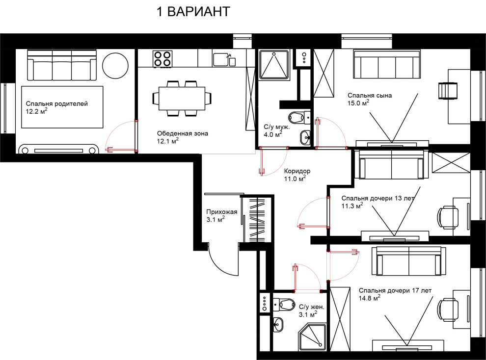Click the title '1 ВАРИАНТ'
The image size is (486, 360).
click(193, 12)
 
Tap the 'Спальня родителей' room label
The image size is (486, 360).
click(57, 103)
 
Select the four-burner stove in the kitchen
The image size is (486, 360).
click(162, 59)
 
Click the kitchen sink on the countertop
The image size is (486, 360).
click(224, 59)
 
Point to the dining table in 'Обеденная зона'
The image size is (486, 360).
click(182, 98)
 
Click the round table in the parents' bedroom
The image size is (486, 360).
click(115, 66)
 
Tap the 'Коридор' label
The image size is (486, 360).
click(297, 171)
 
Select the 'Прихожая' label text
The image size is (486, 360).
click(221, 212)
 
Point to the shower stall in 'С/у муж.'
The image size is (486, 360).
click(274, 65)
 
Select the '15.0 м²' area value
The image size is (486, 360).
click(358, 103)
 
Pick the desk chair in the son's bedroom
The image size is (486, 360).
click(448, 91)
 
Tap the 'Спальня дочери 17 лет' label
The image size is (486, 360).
click(395, 291)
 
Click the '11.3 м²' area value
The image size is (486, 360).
click(352, 206)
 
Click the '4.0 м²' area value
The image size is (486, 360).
click(273, 134)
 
